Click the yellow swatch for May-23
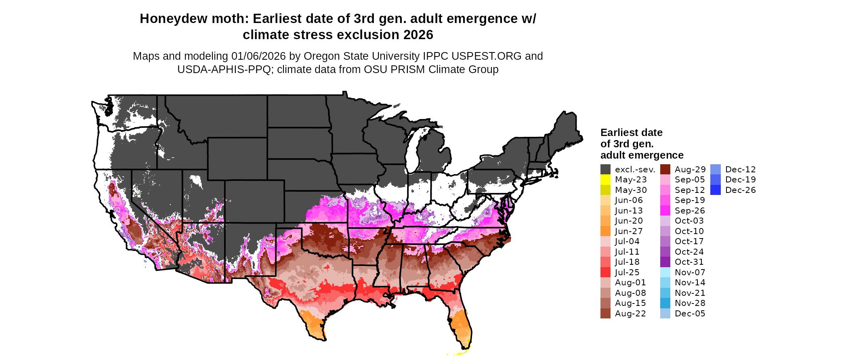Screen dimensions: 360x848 point(605,180)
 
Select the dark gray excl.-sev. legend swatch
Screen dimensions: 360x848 point(605,170)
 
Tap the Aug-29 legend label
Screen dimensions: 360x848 point(690,170)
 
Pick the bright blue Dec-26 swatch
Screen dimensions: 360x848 point(715,190)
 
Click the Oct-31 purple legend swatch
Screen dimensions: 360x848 point(665,262)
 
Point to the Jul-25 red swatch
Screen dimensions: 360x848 point(605,272)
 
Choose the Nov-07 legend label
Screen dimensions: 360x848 point(690,272)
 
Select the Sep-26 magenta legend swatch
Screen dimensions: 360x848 point(665,211)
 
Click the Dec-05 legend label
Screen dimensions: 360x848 point(690,314)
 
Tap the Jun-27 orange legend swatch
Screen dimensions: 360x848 point(605,231)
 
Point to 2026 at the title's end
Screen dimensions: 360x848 point(418,35)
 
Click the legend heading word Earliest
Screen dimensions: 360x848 point(617,133)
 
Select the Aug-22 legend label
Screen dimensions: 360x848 point(630,314)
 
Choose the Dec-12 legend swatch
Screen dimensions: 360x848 point(715,170)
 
